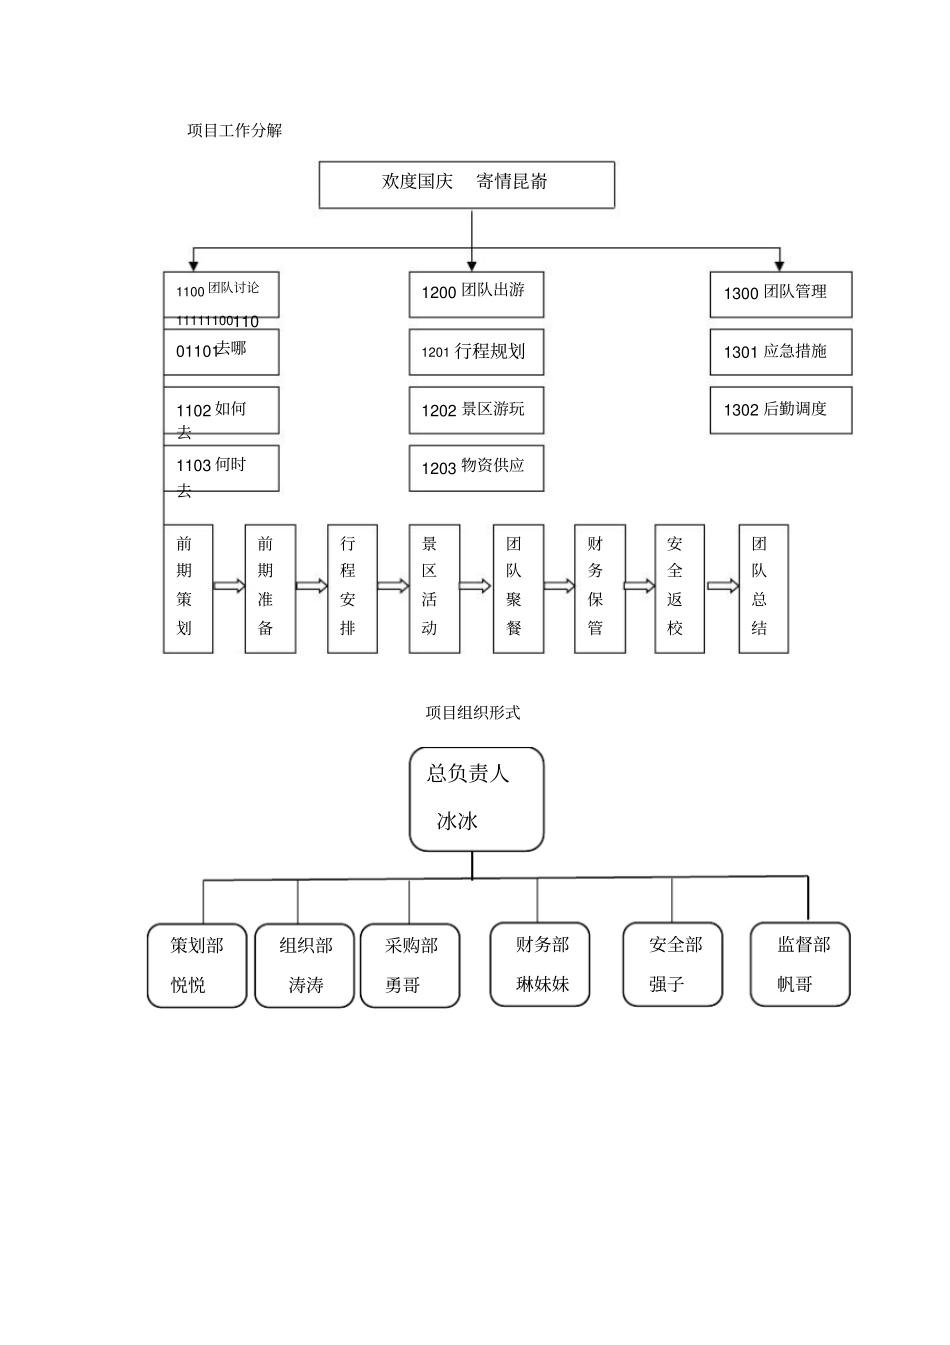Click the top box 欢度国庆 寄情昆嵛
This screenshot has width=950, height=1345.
[x=466, y=185]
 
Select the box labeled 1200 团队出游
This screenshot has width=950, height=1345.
[x=476, y=294]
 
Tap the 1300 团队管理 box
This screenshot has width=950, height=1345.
[x=780, y=294]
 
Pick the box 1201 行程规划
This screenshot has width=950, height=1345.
[x=476, y=352]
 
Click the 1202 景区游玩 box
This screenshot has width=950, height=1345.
[x=476, y=410]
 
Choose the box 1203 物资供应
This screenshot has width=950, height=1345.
[x=476, y=468]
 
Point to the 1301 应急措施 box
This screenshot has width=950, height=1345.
[x=780, y=352]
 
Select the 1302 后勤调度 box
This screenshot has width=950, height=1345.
[x=780, y=410]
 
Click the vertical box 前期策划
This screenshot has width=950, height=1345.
[x=188, y=588]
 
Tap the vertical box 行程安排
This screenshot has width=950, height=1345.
[x=352, y=588]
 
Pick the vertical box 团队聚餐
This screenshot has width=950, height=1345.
[x=518, y=588]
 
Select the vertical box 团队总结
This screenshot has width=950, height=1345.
[x=763, y=588]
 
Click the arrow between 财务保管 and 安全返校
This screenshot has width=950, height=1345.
[x=640, y=586]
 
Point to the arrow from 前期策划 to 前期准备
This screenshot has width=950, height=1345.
[x=229, y=586]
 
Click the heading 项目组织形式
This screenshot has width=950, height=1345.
[x=473, y=713]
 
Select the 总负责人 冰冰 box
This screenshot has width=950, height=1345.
[x=476, y=799]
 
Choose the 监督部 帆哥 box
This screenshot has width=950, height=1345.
[x=799, y=964]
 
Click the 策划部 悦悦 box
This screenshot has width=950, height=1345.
[x=197, y=965]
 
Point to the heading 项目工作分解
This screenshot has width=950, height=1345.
[x=235, y=130]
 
